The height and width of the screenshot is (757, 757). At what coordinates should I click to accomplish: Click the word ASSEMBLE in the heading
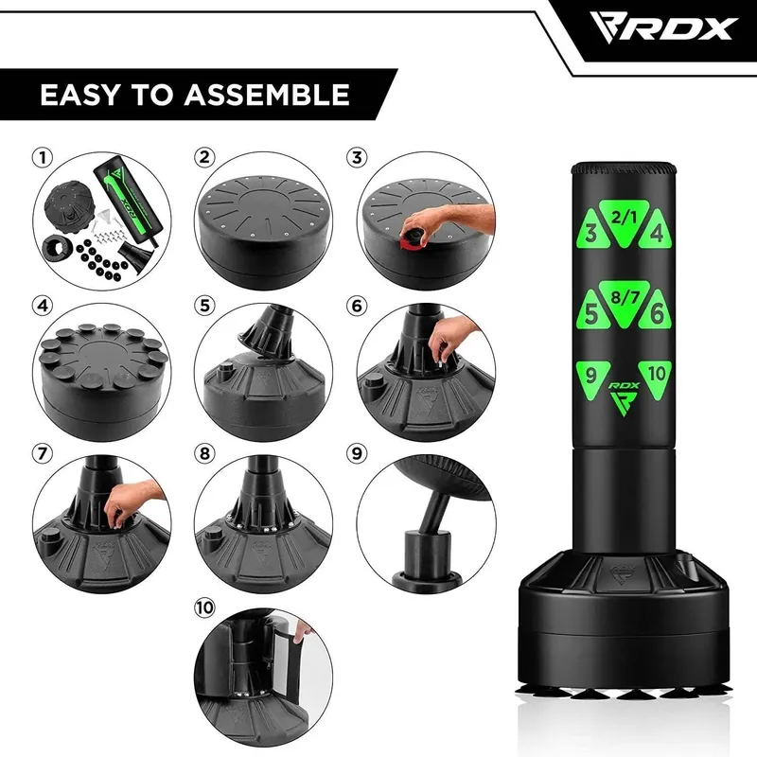267,94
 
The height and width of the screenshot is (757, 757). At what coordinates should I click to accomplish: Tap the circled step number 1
43,157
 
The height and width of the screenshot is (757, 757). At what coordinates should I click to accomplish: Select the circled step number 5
204,306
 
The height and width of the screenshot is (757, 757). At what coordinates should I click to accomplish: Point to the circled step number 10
204,607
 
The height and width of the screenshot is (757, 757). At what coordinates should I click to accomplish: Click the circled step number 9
357,453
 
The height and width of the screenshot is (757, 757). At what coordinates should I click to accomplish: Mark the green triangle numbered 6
656,311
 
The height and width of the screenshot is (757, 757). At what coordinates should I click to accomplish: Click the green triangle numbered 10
656,378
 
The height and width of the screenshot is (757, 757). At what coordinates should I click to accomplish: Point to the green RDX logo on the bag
624,398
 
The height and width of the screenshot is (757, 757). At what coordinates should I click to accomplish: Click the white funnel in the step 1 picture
104,216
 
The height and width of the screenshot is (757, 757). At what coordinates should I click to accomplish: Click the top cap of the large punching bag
624,169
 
